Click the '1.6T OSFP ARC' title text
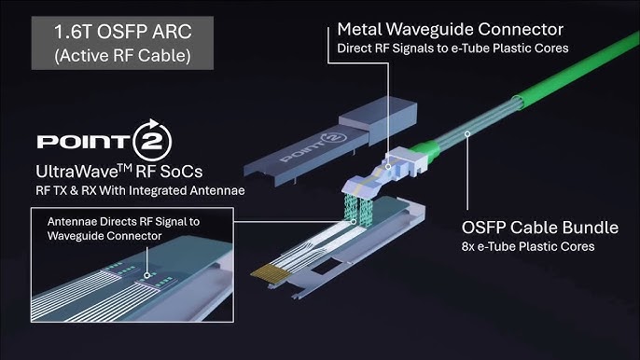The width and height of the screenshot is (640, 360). coord(122,32)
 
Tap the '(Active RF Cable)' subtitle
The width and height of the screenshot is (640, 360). coord(122,56)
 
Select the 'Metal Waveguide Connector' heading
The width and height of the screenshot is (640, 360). coord(451,30)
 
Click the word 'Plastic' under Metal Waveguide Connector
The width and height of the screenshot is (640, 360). coord(511,48)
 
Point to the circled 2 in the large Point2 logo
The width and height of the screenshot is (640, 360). coord(152,141)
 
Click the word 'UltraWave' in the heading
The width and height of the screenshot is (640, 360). coord(77,172)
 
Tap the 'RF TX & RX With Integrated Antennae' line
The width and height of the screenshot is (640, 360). coord(140,190)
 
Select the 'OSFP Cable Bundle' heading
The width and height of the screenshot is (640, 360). coord(539,228)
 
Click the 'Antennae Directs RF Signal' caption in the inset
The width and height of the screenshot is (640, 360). coord(123,222)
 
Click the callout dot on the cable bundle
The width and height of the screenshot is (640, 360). coord(467,133)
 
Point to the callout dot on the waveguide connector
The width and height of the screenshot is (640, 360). coord(388,167)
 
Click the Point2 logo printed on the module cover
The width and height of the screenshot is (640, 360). coord(313,147)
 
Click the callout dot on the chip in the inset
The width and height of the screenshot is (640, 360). coord(147,276)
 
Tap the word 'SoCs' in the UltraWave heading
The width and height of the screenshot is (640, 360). coord(181,172)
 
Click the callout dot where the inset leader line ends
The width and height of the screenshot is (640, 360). coord(354,222)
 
